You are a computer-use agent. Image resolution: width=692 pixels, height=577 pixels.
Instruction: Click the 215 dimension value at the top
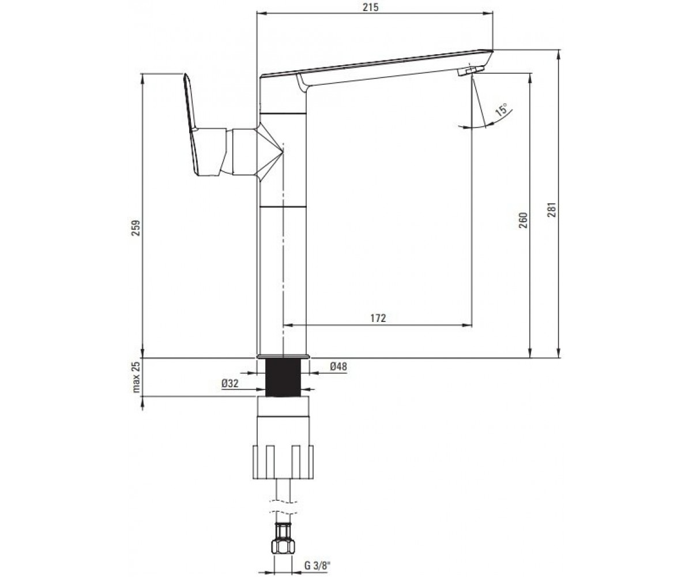click(370, 8)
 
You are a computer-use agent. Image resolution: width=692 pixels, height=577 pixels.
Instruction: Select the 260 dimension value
click(522, 220)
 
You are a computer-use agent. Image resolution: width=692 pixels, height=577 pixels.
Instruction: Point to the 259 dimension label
click(136, 227)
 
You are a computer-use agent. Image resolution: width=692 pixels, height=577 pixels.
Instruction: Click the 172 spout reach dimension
click(378, 318)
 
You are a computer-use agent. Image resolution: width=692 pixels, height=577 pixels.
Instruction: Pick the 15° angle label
click(502, 109)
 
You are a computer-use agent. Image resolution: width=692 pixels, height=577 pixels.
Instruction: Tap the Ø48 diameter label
click(339, 366)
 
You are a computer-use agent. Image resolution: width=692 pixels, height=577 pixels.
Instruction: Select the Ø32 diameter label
click(230, 384)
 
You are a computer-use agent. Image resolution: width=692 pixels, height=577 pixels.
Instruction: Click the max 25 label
click(136, 377)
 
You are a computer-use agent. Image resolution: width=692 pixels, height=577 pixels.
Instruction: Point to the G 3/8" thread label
click(318, 565)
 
